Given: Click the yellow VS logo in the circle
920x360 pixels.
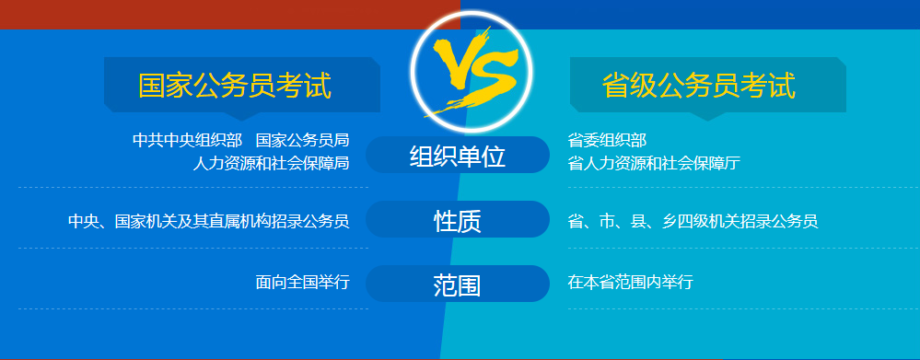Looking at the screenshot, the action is tap(475, 69).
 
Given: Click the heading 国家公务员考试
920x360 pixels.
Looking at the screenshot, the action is tap(235, 85).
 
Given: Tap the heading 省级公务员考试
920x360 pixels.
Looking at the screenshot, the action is tap(698, 85).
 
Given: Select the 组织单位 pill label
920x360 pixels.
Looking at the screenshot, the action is tap(458, 156).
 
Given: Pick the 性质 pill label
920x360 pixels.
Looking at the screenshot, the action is tap(458, 220).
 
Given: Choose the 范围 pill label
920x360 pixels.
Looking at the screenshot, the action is tap(458, 285).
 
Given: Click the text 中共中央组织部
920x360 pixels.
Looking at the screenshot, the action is tap(187, 140).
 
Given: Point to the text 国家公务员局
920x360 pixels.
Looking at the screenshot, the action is tap(303, 140).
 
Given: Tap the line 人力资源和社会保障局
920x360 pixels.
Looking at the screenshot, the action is tap(271, 163).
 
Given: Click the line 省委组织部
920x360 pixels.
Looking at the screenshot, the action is tap(607, 140).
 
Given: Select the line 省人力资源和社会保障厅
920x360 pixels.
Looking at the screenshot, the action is tap(654, 163).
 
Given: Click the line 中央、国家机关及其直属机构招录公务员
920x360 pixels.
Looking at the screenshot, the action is tap(209, 221).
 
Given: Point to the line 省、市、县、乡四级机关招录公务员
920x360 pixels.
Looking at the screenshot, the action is tap(693, 221).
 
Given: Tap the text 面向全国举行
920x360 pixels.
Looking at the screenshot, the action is tap(303, 282).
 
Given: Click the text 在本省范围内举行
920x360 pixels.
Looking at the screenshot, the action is tap(631, 282).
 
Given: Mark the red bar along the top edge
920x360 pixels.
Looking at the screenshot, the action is tap(230, 14).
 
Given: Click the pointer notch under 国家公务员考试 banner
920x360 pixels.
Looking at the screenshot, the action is tap(241, 116).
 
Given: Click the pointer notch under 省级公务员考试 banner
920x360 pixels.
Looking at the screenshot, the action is tap(707, 116).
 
